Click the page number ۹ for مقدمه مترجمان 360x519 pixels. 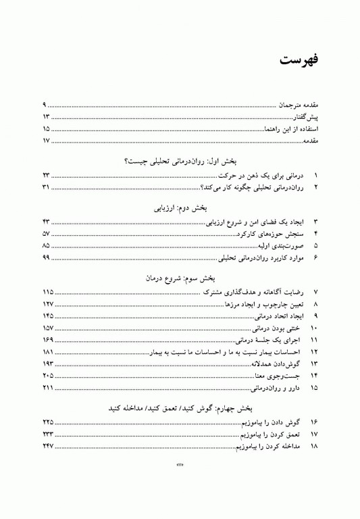point(44,105)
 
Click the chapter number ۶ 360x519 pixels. point(315,257)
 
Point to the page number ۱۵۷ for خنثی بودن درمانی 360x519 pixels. point(47,328)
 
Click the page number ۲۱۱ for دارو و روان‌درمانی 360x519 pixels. point(47,388)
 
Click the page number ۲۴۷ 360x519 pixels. point(47,447)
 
